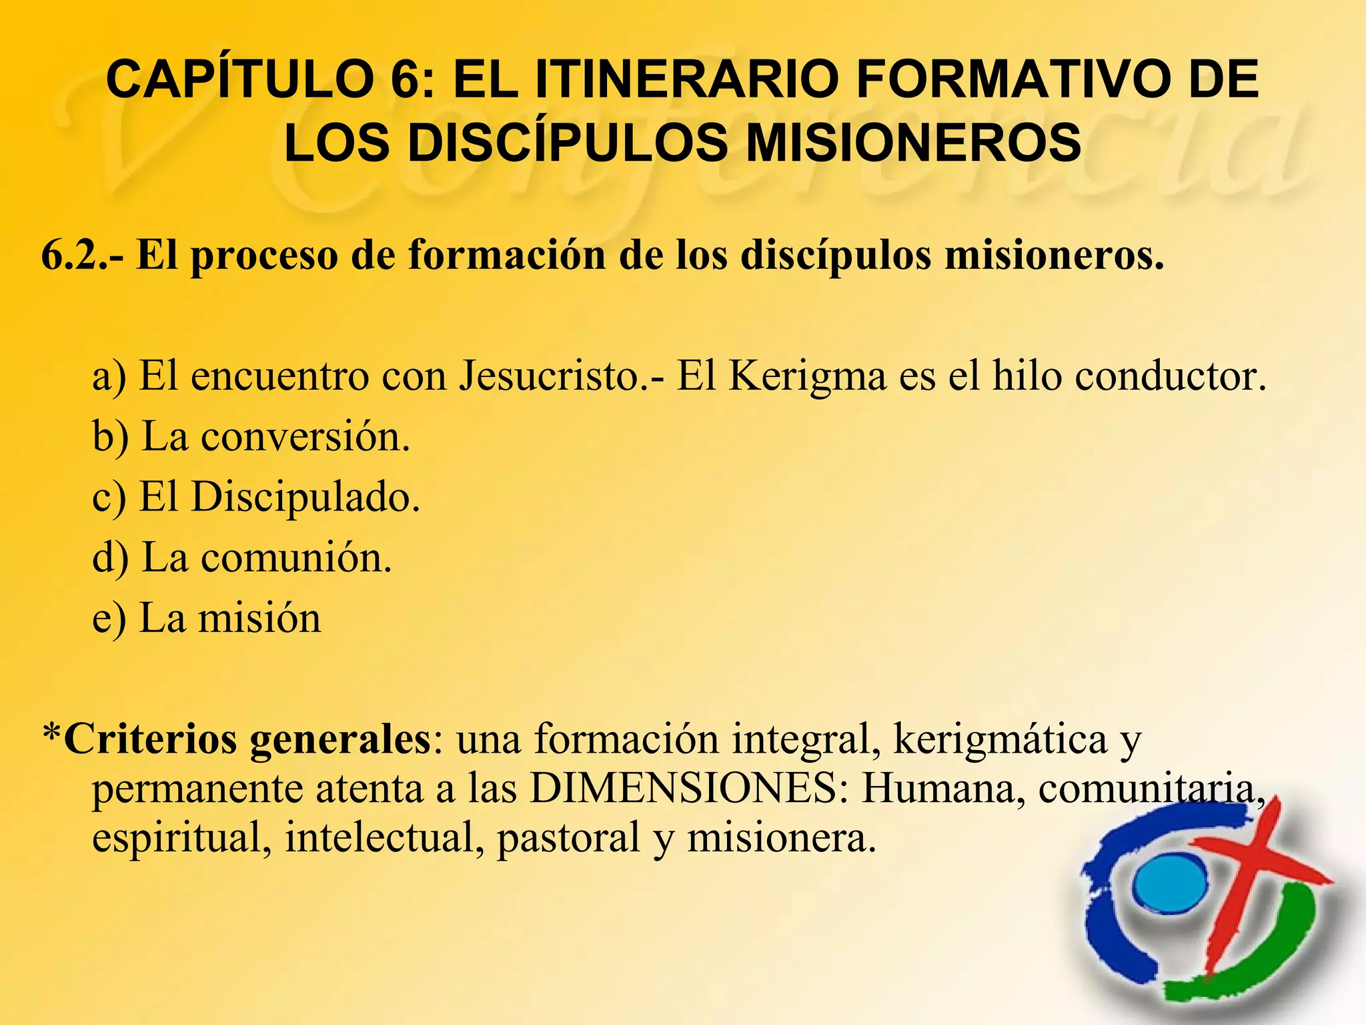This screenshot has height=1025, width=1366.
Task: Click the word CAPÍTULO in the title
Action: coord(240,80)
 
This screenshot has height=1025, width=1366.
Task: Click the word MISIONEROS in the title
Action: coord(914,143)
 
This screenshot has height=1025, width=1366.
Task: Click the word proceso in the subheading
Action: coord(264,256)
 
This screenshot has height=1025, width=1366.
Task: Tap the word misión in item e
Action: coord(259,618)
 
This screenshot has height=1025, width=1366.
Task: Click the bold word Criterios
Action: coord(151,739)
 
